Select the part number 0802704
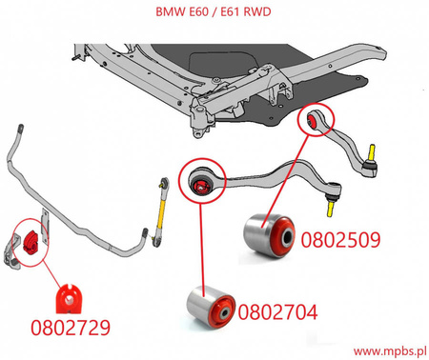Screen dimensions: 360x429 [x=278, y=310]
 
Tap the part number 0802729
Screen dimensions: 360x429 [x=69, y=328]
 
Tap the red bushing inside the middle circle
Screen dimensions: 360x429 [x=201, y=183]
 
